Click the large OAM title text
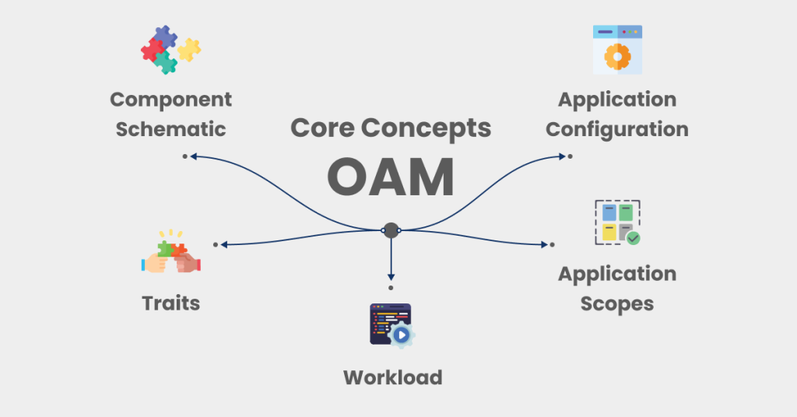(391, 178)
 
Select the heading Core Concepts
(391, 128)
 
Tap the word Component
(170, 100)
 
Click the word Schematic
(170, 129)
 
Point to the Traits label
(170, 303)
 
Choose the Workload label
(392, 378)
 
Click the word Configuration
(616, 129)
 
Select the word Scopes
(616, 303)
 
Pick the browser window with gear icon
(617, 49)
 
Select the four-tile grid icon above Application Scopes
(617, 223)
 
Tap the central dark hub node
(391, 230)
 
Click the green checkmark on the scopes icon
(634, 238)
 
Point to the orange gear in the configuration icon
(617, 56)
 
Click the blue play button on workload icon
(402, 335)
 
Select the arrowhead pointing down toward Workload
(391, 275)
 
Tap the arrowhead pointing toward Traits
(224, 244)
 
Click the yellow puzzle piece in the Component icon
(188, 50)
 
